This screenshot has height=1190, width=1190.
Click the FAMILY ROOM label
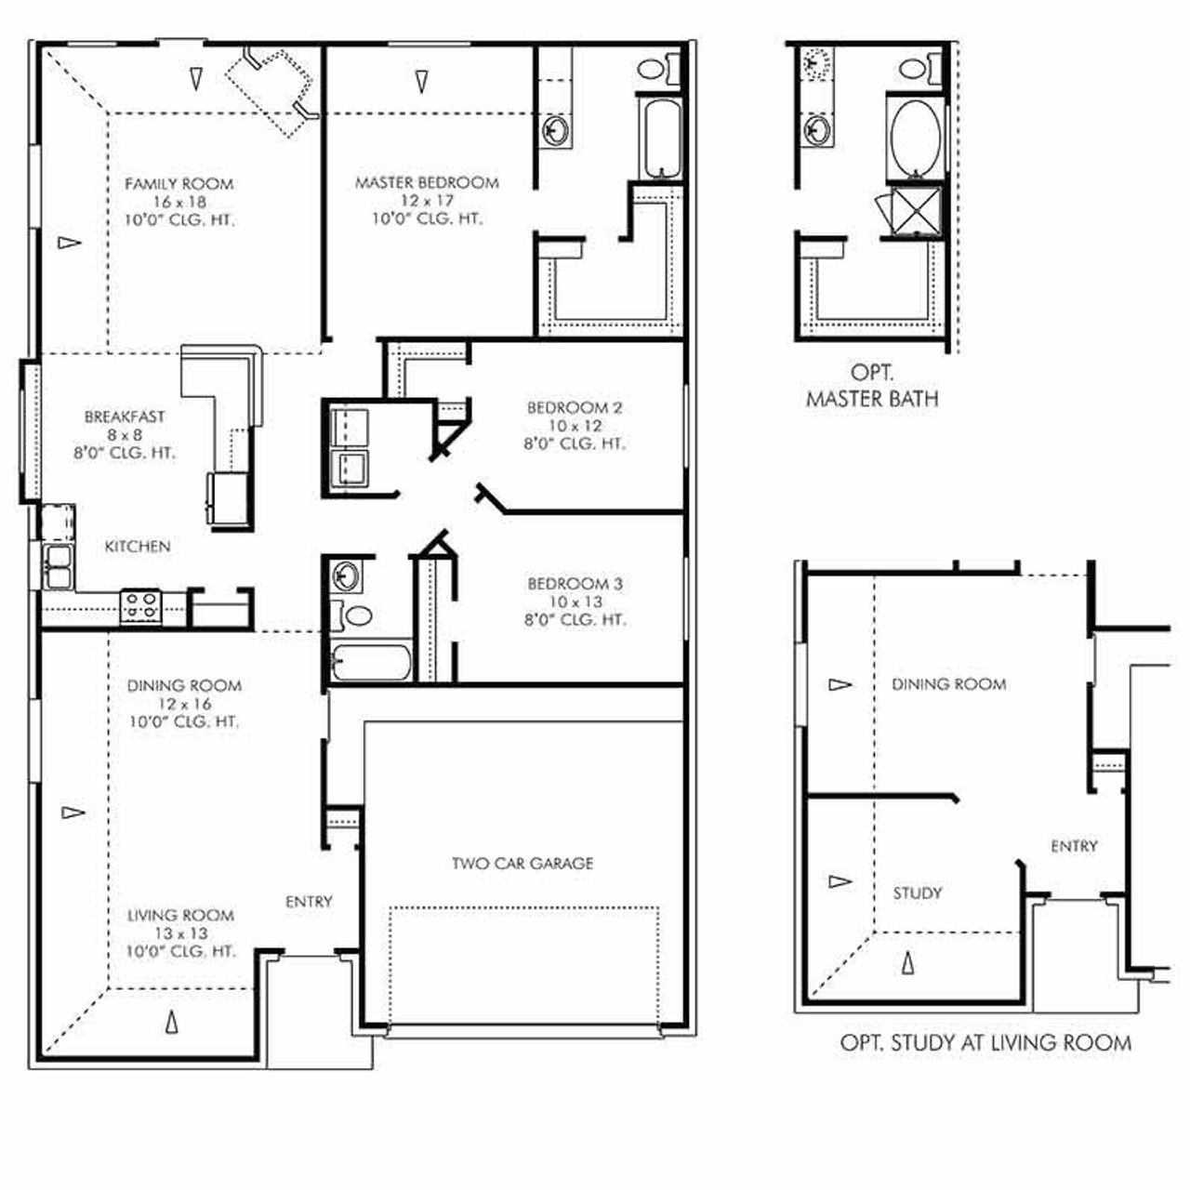coord(179,184)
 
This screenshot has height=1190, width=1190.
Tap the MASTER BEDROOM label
coord(427,183)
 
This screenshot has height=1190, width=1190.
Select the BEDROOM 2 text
coord(575,407)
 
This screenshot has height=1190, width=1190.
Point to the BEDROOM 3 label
coord(575,584)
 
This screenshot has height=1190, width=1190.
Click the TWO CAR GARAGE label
coord(522,864)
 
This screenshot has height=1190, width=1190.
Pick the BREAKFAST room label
coord(125,416)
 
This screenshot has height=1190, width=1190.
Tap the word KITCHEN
coord(138,547)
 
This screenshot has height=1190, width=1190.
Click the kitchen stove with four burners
coord(141,607)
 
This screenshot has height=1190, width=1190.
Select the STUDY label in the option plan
coord(918,893)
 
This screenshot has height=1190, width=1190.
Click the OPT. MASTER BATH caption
coord(872,387)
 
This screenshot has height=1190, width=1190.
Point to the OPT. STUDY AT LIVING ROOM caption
coord(985,1043)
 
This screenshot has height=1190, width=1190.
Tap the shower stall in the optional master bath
coord(915,211)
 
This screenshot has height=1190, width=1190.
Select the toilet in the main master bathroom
coord(654,68)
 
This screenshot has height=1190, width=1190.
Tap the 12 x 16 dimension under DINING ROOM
coord(184,704)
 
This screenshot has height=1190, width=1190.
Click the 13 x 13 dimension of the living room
coord(182,933)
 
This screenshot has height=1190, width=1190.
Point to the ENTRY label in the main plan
coord(309,902)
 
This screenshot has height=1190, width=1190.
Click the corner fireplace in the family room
coord(275,88)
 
